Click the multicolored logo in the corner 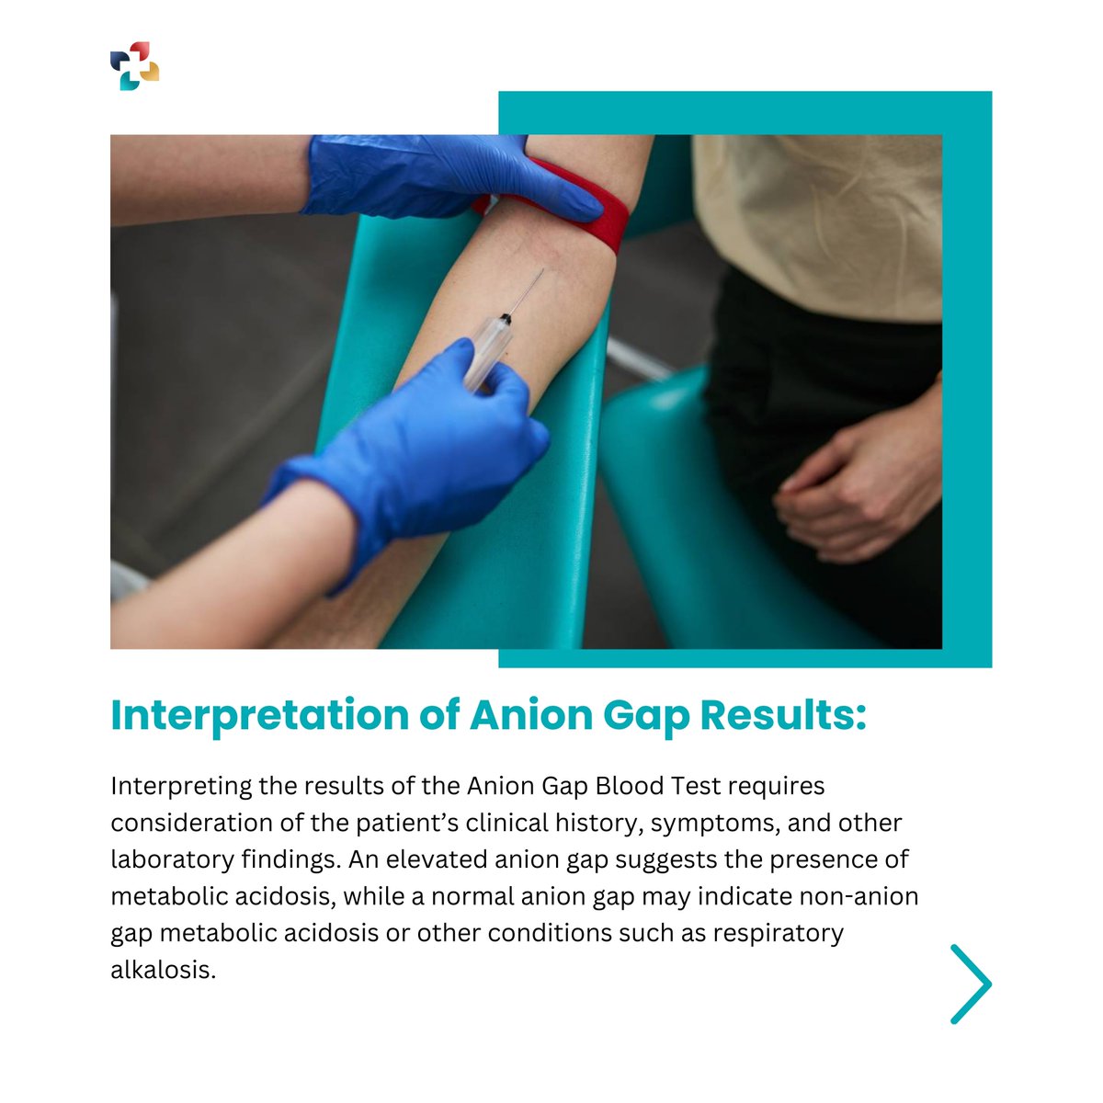click(134, 66)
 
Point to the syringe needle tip click(542, 270)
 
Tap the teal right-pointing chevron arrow click(971, 984)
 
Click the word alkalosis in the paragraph click(163, 970)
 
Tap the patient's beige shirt click(818, 221)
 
